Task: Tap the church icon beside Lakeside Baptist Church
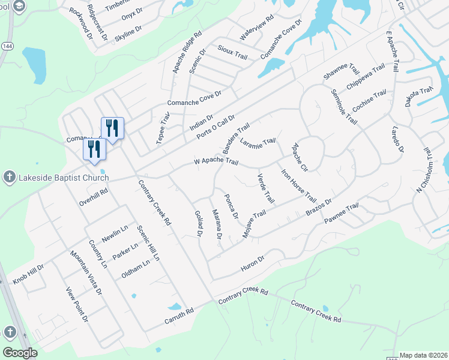(8, 177)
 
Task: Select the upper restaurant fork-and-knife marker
(112, 128)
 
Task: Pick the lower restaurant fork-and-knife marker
(94, 149)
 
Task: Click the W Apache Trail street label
(216, 162)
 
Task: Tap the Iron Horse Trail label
(299, 185)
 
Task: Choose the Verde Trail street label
(265, 188)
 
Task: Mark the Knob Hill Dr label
(29, 274)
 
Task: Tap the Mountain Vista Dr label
(86, 274)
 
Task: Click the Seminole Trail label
(344, 107)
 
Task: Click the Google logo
(20, 353)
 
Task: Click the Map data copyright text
(423, 355)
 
